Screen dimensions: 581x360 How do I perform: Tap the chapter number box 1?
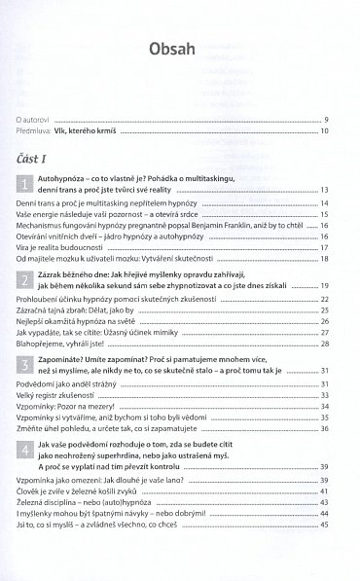(x=23, y=182)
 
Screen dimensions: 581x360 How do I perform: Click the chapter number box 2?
(x=23, y=280)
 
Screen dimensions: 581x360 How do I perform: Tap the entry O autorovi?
(x=37, y=120)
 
